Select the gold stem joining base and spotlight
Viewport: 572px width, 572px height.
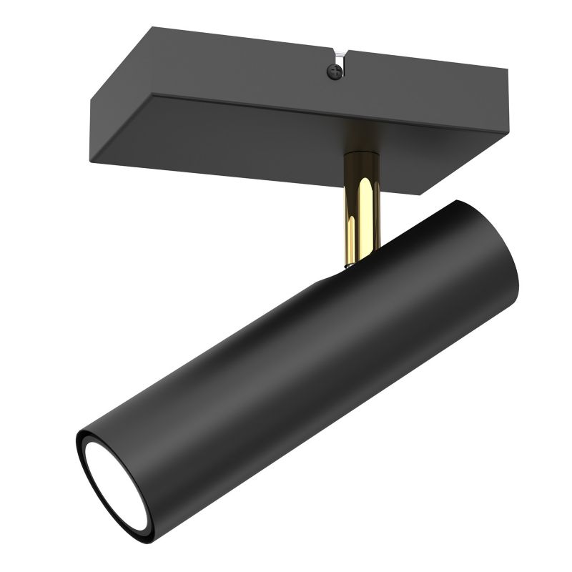pos(361,207)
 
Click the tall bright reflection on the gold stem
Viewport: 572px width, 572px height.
pos(366,214)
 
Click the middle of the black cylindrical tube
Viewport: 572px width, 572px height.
pos(300,357)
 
